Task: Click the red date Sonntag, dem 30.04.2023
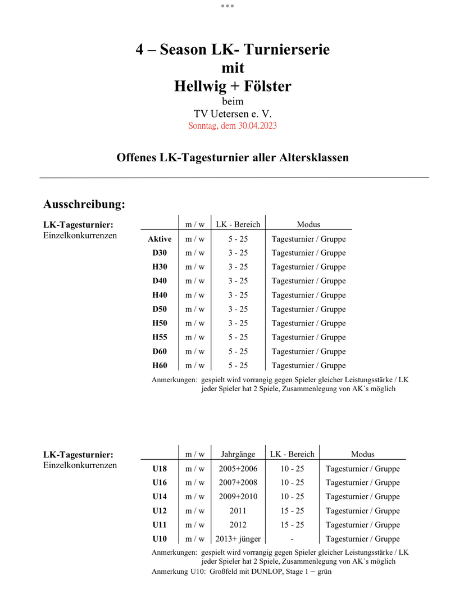[233, 125]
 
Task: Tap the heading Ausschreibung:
[84, 204]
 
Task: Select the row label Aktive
[160, 239]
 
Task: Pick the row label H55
[160, 337]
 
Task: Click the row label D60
[160, 351]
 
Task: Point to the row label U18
[160, 469]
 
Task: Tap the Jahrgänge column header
[238, 454]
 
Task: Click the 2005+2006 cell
[238, 469]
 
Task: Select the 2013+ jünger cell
[238, 539]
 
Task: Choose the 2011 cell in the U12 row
[238, 511]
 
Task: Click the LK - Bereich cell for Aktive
[238, 239]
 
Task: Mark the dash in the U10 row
[293, 539]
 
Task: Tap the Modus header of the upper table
[308, 224]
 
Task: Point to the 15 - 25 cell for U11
[293, 525]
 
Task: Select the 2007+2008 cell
[238, 483]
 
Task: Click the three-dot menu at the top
[227, 6]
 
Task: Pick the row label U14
[160, 497]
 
